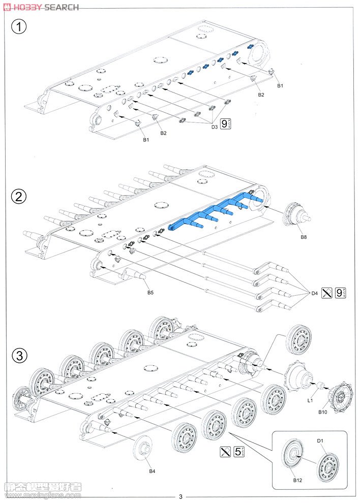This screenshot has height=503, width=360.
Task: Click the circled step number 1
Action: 19,27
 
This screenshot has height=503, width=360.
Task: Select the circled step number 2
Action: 19,197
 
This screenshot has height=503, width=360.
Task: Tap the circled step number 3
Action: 19,356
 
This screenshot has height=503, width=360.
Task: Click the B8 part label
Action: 304,237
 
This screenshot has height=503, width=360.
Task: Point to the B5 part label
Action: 151,292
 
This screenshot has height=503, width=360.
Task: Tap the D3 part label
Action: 215,127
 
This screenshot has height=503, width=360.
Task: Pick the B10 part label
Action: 322,412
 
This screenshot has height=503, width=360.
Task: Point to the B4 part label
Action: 152,471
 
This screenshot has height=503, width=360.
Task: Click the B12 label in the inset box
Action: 298,479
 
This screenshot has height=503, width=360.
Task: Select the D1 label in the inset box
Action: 320,440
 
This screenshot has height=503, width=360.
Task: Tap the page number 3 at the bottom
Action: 180,496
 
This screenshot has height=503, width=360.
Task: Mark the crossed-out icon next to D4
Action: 328,293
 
